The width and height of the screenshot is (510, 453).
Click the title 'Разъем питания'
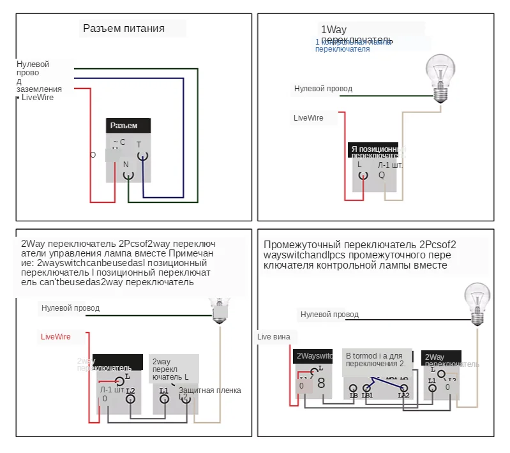tap(124, 29)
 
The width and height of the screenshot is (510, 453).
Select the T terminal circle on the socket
tap(142, 155)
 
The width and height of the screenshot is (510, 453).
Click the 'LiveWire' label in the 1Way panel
tap(308, 118)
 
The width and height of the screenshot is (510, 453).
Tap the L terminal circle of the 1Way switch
tap(362, 176)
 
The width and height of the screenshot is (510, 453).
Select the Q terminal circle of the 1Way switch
tap(383, 186)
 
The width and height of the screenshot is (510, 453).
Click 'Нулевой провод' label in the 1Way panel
tap(323, 89)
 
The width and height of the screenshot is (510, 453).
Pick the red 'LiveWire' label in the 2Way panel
tap(56, 336)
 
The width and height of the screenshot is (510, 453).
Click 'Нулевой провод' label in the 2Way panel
tap(70, 308)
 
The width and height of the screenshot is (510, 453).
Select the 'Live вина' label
tap(273, 337)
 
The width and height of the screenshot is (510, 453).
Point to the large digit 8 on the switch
tap(321, 383)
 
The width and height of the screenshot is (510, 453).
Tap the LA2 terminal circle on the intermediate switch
tap(403, 387)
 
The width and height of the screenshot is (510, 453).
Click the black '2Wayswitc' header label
tap(315, 356)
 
